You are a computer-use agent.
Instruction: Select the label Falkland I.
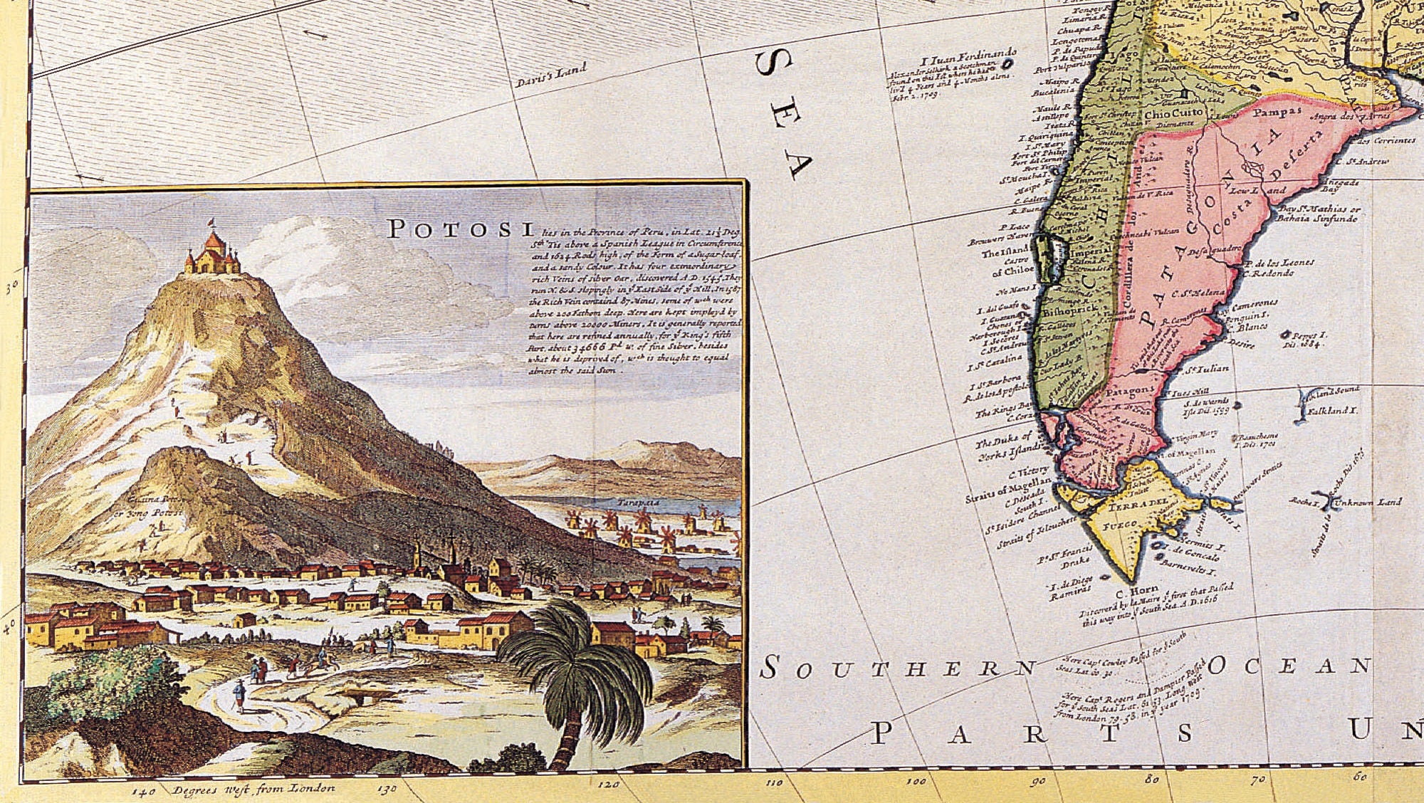pyautogui.click(x=1333, y=411)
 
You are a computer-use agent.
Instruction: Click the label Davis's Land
pyautogui.click(x=551, y=75)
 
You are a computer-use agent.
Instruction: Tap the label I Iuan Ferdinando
pyautogui.click(x=969, y=58)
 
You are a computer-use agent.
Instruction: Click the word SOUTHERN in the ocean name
pyautogui.click(x=899, y=668)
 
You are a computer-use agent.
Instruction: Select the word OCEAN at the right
pyautogui.click(x=1289, y=666)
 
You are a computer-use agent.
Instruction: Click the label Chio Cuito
pyautogui.click(x=1173, y=113)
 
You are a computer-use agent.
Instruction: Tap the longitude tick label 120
pyautogui.click(x=609, y=784)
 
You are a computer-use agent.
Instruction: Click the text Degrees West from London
pyautogui.click(x=253, y=789)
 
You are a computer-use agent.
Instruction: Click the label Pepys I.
pyautogui.click(x=1309, y=335)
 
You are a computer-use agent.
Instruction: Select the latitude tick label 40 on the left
pyautogui.click(x=9, y=626)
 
